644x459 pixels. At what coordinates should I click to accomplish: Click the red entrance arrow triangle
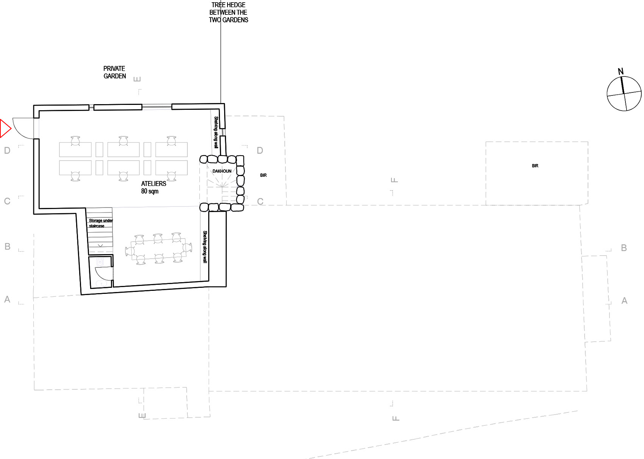[x=5, y=128]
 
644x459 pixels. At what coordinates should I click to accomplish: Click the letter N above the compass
[x=621, y=71]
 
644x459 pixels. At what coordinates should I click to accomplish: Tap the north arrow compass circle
[x=624, y=94]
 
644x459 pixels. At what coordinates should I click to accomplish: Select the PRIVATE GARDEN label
[x=114, y=72]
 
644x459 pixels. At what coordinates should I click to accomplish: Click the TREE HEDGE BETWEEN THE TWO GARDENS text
[x=228, y=12]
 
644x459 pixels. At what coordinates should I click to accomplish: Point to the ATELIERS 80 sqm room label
[x=154, y=187]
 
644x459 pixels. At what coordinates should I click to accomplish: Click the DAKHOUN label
[x=221, y=171]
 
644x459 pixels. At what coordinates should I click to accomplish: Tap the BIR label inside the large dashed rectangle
[x=535, y=165]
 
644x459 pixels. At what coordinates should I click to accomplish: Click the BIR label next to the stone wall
[x=263, y=175]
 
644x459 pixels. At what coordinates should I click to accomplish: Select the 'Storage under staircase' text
[x=101, y=223]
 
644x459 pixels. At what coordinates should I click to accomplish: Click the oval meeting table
[x=158, y=249]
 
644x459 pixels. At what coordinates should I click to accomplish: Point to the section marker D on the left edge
[x=7, y=150]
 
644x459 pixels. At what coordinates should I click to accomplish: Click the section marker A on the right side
[x=624, y=301]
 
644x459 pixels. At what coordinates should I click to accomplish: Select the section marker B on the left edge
[x=8, y=247]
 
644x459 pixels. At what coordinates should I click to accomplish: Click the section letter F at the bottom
[x=396, y=418]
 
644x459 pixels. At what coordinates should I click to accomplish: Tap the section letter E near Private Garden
[x=137, y=79]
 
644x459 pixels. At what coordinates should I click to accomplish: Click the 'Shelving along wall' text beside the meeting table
[x=205, y=247]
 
